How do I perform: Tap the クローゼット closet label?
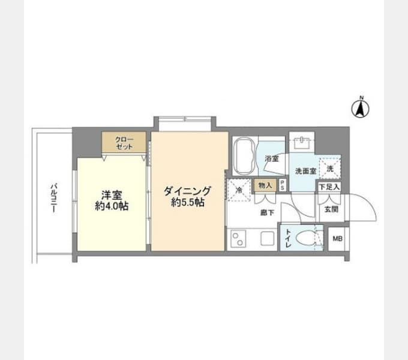(123, 143)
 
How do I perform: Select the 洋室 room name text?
(111, 195)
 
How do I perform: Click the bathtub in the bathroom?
(244, 156)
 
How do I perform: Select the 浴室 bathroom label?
(272, 159)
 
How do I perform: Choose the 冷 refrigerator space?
(238, 190)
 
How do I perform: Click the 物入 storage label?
(265, 185)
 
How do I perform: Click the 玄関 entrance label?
(331, 209)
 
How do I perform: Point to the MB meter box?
(338, 239)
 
